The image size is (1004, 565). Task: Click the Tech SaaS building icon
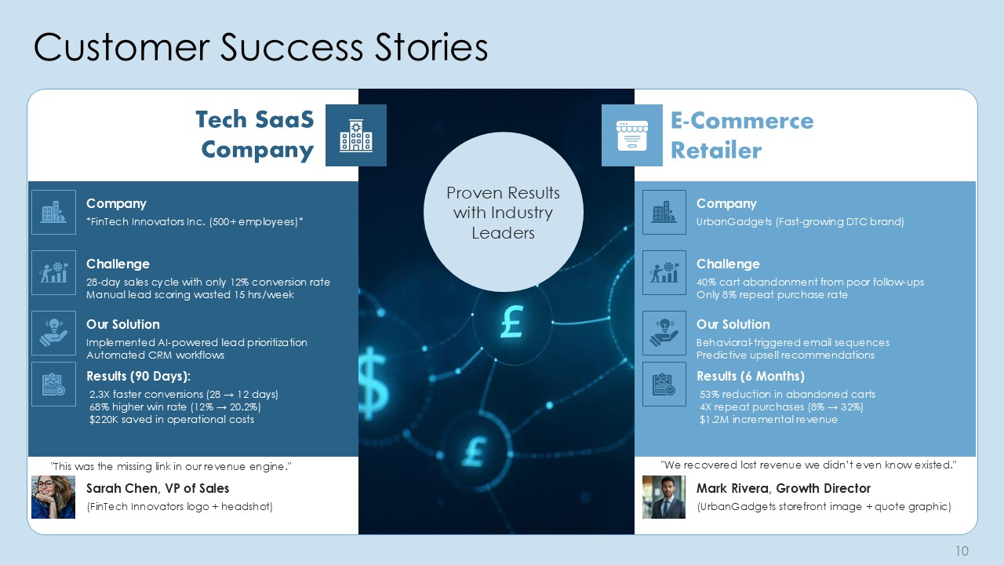[356, 136]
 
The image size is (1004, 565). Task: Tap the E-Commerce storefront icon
[632, 136]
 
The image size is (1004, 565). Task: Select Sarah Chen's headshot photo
[53, 497]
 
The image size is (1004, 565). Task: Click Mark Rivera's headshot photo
[664, 497]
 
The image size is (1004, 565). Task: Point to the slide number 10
[962, 551]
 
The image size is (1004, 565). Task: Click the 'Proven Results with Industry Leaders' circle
[503, 212]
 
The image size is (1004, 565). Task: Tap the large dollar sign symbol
[373, 384]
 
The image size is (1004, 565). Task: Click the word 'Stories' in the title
[431, 47]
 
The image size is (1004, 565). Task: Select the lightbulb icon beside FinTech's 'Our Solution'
[53, 333]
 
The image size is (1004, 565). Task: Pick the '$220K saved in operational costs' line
[172, 419]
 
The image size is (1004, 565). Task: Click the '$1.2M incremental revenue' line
[768, 419]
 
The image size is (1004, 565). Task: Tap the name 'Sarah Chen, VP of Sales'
[158, 488]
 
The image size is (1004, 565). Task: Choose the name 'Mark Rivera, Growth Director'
[784, 488]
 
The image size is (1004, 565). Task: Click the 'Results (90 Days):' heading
[139, 376]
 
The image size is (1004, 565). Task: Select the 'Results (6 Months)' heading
[751, 376]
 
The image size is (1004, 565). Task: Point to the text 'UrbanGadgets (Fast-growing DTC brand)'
[800, 221]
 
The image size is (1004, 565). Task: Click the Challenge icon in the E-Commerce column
[664, 272]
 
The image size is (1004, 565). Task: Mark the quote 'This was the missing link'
[171, 466]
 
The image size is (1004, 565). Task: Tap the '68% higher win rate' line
[175, 406]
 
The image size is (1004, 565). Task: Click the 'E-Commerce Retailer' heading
[742, 135]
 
